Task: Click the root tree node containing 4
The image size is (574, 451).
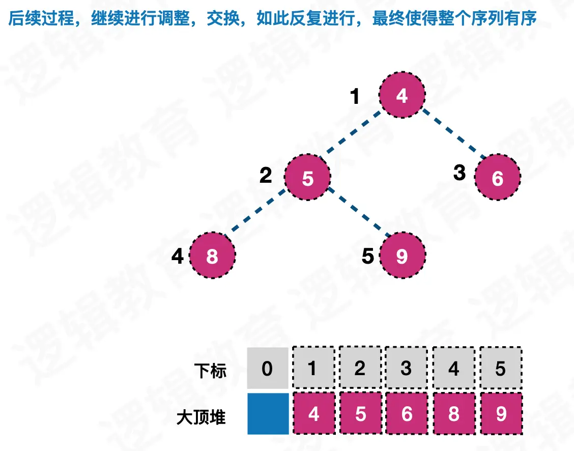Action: (x=401, y=95)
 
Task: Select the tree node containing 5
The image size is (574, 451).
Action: (x=307, y=178)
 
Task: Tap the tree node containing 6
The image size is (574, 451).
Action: (x=497, y=178)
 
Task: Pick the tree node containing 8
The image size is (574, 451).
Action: (x=212, y=256)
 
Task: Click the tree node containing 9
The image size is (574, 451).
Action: (x=401, y=256)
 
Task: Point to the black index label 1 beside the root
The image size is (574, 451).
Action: (x=356, y=96)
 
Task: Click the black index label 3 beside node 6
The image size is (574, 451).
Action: (x=460, y=173)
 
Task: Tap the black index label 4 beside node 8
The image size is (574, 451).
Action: (x=177, y=257)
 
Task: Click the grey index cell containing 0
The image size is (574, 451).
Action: (x=268, y=368)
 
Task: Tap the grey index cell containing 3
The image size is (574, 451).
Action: (x=406, y=368)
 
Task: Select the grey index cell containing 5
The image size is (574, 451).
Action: (x=501, y=368)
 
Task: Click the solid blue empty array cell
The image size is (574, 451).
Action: (x=268, y=413)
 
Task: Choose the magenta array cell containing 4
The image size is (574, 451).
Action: (x=314, y=413)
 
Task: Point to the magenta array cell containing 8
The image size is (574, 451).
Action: (x=453, y=413)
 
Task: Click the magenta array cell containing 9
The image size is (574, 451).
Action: (x=501, y=413)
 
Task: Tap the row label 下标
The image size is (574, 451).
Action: (x=210, y=371)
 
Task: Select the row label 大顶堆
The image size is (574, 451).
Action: (x=202, y=417)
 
